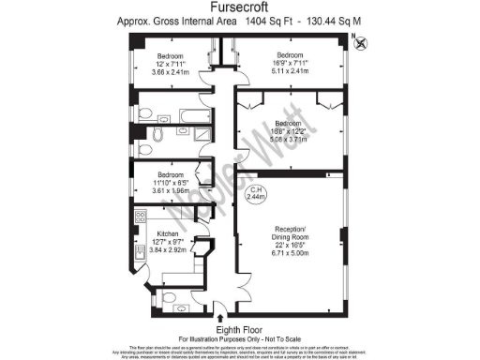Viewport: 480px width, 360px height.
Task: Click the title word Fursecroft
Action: tap(239, 7)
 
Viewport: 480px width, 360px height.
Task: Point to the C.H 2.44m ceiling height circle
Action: tap(256, 194)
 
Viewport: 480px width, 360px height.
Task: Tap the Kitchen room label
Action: tap(168, 232)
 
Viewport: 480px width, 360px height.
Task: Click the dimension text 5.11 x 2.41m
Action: tap(290, 68)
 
